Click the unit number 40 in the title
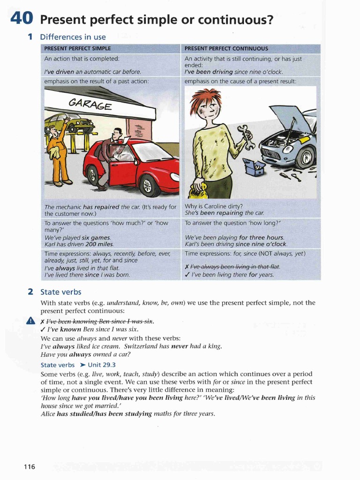(x=21, y=19)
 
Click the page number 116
(x=29, y=466)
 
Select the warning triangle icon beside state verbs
(x=31, y=321)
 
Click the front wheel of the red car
(x=149, y=186)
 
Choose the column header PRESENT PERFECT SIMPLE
(x=77, y=48)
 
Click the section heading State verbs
(x=61, y=292)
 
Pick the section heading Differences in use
(x=73, y=37)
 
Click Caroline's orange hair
(x=205, y=98)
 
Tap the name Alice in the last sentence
(x=48, y=414)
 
